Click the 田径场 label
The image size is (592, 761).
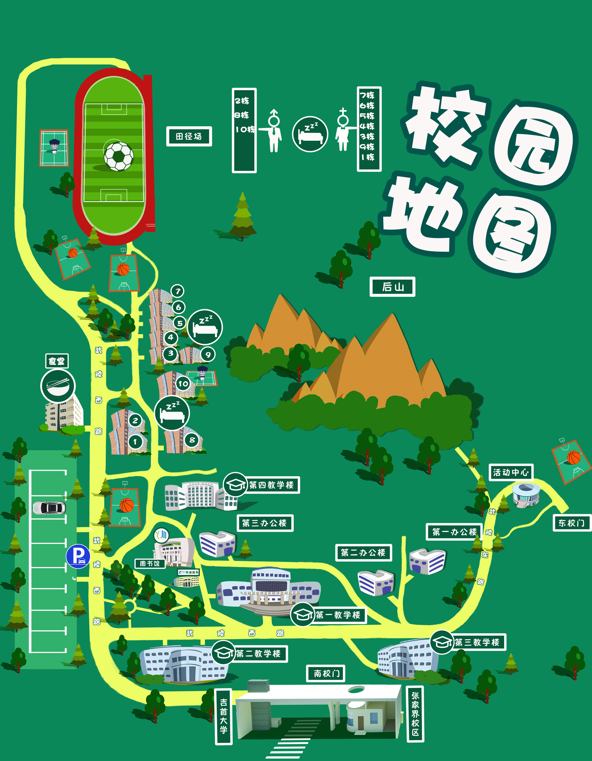point(189,136)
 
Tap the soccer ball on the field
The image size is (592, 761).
point(119,156)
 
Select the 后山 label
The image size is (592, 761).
point(392,287)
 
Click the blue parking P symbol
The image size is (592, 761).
point(78,556)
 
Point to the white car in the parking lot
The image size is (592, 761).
point(49,508)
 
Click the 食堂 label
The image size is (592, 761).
point(57,361)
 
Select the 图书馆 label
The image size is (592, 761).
point(150,563)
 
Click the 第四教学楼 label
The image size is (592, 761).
point(271,485)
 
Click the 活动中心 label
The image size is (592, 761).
point(511,473)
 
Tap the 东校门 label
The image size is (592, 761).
point(572,523)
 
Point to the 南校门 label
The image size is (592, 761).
point(326,673)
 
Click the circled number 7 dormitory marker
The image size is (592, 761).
point(178,291)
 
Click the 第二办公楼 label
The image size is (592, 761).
point(363,553)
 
